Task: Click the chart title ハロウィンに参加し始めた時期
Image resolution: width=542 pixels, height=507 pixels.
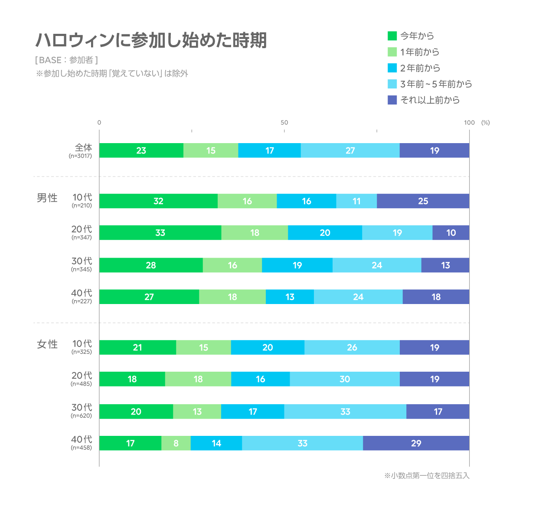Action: [151, 40]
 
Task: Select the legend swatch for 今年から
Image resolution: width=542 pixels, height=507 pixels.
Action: [392, 36]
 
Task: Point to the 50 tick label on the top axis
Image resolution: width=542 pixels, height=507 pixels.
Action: [284, 123]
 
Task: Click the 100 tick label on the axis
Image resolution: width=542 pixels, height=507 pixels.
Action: [469, 123]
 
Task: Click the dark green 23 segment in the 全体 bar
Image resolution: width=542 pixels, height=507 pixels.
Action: [141, 150]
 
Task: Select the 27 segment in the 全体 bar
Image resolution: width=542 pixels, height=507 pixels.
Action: [350, 150]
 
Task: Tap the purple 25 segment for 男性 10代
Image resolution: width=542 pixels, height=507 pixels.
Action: [423, 201]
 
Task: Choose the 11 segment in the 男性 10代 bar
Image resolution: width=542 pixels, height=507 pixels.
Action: [356, 201]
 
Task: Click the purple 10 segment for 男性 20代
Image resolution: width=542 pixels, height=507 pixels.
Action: [451, 233]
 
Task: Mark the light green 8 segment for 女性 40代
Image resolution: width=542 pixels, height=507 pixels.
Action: [176, 443]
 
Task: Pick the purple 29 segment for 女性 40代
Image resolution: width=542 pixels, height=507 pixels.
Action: [416, 443]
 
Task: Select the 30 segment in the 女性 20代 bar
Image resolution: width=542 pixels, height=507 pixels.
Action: [345, 379]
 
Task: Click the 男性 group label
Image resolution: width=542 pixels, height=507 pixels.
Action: [47, 198]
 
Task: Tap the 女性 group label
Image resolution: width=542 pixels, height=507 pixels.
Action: [47, 344]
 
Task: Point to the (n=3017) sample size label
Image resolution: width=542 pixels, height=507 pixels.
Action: [81, 156]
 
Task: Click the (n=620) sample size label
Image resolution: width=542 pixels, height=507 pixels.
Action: [82, 416]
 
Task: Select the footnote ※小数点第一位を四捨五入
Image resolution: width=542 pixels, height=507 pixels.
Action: [427, 476]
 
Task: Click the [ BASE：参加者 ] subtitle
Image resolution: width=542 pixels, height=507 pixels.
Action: [66, 60]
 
